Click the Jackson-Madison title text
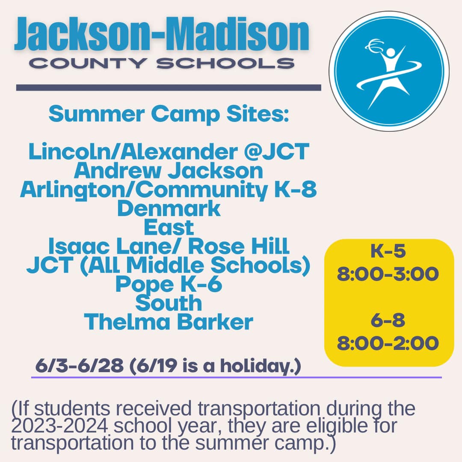coord(161,34)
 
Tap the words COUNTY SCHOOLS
coord(162,63)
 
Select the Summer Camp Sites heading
coord(169,114)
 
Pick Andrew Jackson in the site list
coord(169,171)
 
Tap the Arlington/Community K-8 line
coord(169,190)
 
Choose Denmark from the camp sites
coord(169,208)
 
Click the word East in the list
coord(169,227)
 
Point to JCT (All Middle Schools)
coord(169,265)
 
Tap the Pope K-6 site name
coord(169,284)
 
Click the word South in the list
coord(169,303)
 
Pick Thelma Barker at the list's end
coord(169,322)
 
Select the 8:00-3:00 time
coord(388,274)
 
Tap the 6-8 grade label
coord(388,320)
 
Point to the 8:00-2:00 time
coord(388,343)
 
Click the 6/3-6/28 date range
coord(80,366)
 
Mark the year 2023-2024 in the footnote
coord(59,426)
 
